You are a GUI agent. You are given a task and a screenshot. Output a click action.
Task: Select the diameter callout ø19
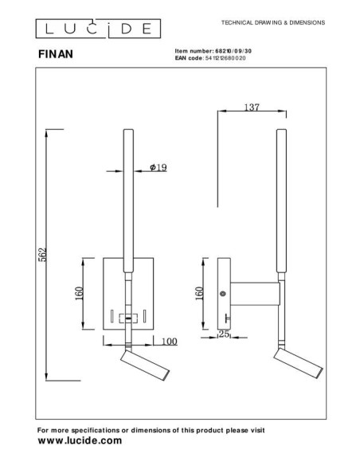pos(157,167)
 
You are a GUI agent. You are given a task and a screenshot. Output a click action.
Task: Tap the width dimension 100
pos(168,342)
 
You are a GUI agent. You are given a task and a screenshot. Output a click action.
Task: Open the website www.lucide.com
pos(80,440)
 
